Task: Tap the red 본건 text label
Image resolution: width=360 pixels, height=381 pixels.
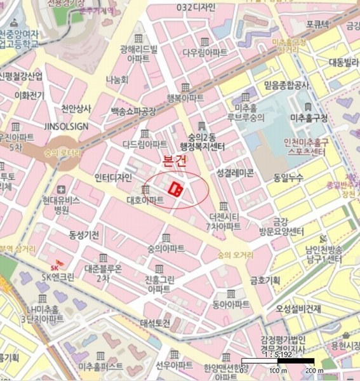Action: point(175,162)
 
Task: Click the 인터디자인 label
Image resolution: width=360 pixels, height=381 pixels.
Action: point(112,177)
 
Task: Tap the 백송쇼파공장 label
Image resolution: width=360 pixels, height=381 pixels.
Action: point(133,111)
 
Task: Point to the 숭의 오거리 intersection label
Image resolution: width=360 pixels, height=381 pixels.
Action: point(235,255)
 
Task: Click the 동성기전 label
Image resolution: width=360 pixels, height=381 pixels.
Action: point(84,235)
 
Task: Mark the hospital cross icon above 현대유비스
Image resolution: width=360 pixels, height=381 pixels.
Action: point(60,189)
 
